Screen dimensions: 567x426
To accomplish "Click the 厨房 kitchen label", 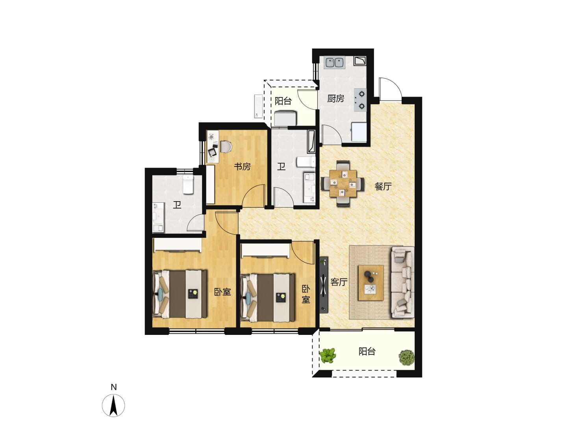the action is pos(335,99).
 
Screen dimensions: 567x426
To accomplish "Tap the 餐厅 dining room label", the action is pos(383,186).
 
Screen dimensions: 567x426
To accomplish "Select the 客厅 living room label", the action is pos(339,282).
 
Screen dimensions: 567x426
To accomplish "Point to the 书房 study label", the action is pos(242,166).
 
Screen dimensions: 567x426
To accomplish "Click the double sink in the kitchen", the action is pos(335,63).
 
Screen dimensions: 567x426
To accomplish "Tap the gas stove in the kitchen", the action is pos(361,100).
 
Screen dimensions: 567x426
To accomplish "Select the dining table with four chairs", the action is pos(343,183).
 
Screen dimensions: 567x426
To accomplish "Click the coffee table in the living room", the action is pos(371,282).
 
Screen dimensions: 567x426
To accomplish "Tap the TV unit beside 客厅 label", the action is pos(324,284).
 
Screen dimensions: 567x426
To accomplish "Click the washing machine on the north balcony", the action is pos(285,118).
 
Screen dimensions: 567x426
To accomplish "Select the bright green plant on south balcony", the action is pos(328,356).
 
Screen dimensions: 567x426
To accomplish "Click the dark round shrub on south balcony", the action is pos(406,358).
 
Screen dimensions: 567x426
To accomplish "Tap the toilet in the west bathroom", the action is pos(188,185).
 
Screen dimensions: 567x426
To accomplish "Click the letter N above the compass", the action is pos(114,387).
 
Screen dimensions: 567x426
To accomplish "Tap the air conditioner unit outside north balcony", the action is pos(259,106).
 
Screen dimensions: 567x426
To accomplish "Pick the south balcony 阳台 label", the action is pos(367,351).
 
